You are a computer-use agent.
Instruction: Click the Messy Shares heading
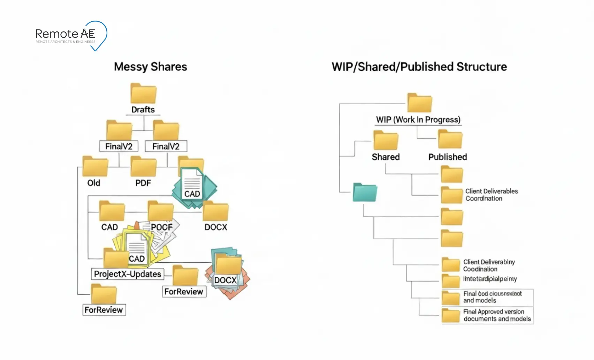150,67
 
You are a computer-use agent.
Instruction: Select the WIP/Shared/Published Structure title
419,67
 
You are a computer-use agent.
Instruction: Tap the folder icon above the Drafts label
143,93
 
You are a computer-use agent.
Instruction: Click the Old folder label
94,183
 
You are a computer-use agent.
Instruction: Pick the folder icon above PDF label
143,167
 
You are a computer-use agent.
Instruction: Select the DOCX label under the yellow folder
216,227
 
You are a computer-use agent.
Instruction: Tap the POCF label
161,227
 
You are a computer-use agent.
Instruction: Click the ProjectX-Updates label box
128,274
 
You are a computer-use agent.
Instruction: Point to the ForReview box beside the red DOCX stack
184,292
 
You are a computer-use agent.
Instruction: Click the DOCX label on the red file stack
225,280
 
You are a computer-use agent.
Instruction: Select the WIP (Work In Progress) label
418,120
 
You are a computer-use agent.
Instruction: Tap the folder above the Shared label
386,140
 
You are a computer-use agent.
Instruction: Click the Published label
448,157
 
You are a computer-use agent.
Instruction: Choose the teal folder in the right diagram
365,192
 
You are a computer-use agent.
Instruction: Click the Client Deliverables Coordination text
491,195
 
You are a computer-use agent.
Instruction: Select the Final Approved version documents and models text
497,315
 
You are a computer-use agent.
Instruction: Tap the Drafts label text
143,110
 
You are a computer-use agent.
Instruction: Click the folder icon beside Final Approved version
451,315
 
